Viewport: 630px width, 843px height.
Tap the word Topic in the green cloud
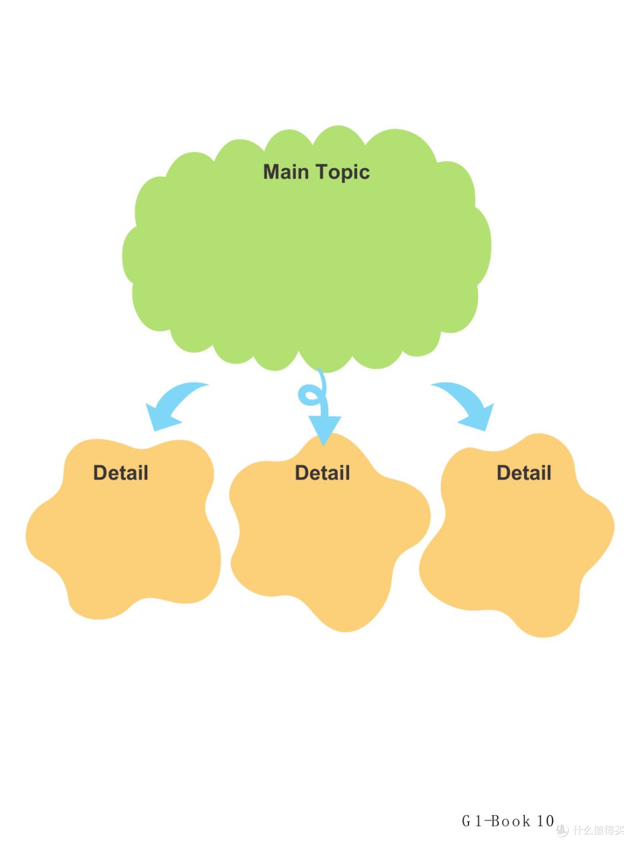click(x=343, y=173)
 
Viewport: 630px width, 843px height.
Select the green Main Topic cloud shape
click(x=306, y=249)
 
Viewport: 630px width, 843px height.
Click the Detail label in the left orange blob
click(x=121, y=473)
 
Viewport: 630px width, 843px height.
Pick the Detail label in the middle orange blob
click(x=323, y=473)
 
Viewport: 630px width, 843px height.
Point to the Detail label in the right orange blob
click(x=524, y=473)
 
